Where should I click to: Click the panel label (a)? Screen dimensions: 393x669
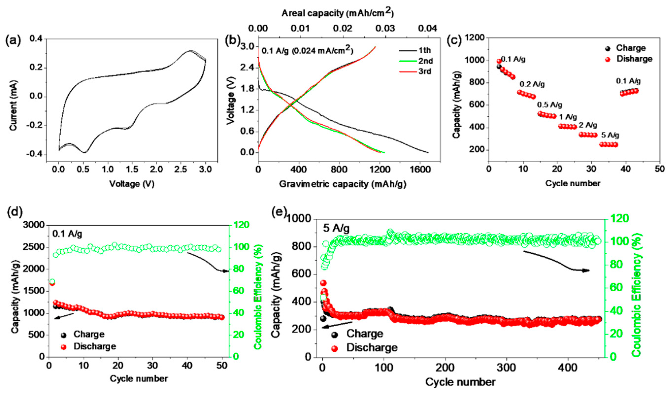coord(13,41)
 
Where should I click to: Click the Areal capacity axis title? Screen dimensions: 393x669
coord(337,13)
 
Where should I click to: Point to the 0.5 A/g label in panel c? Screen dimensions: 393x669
coord(550,105)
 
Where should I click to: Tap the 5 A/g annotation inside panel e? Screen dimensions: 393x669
coord(336,229)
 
